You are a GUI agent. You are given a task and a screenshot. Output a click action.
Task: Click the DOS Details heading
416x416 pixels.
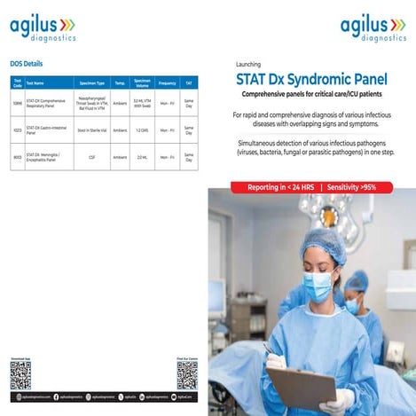click(27, 64)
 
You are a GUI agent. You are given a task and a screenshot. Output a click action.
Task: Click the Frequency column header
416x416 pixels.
click(167, 82)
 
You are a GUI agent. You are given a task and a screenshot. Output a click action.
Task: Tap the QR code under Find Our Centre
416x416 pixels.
click(186, 375)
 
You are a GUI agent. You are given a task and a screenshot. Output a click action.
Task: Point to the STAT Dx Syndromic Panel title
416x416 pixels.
click(306, 79)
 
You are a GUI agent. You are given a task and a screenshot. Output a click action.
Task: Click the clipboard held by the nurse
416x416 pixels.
click(302, 386)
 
